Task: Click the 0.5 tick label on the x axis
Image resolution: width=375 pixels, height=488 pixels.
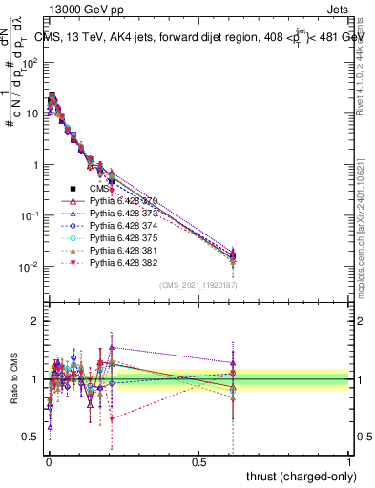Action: point(198,460)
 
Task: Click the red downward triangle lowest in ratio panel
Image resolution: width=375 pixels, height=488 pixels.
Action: point(112,418)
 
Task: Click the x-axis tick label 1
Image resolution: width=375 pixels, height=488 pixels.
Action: point(349,460)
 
